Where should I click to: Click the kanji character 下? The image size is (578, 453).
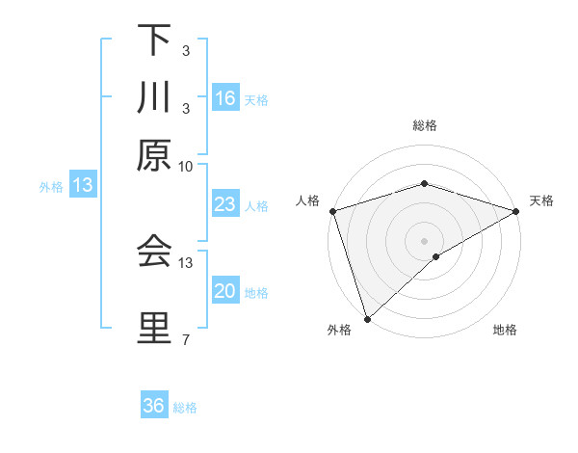[154, 40]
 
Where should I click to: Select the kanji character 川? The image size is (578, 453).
[154, 97]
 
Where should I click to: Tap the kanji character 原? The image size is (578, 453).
[154, 155]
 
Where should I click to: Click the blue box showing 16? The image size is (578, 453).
[225, 98]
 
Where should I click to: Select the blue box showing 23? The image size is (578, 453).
[225, 205]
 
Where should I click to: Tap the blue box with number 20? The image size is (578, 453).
[225, 292]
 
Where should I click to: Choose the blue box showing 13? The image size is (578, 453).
[83, 186]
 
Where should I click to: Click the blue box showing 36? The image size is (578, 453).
[154, 406]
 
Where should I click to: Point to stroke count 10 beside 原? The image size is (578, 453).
[186, 166]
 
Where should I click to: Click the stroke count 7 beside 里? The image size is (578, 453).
[186, 338]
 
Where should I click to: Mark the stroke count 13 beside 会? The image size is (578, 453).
[186, 262]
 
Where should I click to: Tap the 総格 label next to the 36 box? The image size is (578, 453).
[185, 408]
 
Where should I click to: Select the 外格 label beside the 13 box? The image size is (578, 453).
[50, 187]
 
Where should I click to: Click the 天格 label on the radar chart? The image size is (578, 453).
[542, 200]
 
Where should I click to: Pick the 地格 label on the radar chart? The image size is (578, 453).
[505, 331]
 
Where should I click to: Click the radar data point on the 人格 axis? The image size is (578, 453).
[332, 210]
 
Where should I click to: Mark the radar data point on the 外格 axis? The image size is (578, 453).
[367, 318]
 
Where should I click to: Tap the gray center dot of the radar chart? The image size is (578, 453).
[424, 240]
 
